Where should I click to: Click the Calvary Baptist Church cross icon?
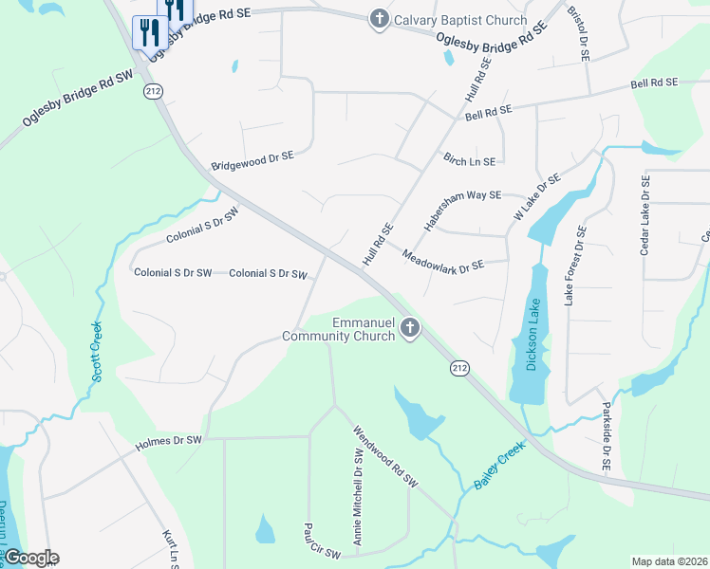pos(379,20)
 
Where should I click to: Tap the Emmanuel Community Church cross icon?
pos(410,329)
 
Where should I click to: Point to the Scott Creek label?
pos(98,352)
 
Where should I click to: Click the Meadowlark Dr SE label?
pos(443,260)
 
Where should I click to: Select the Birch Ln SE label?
pos(464,160)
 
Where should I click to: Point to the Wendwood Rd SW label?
pos(385,455)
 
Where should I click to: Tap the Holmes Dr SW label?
pos(169,440)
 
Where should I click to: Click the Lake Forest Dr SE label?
pos(575,266)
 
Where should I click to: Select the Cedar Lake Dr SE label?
pos(645,215)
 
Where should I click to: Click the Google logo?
pos(30,558)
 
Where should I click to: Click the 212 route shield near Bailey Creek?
pos(460,368)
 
